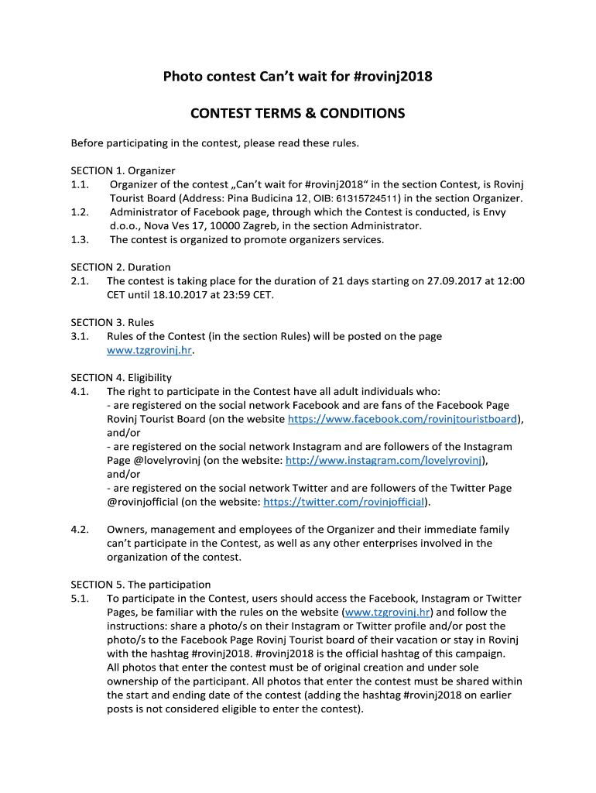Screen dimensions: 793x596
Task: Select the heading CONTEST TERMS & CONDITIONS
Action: tap(298, 114)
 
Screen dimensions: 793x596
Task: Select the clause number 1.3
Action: tap(80, 239)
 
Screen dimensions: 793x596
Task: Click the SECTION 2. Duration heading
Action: tap(121, 267)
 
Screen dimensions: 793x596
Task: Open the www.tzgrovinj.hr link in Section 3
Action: tap(149, 350)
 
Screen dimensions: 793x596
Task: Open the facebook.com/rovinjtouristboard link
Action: tap(402, 420)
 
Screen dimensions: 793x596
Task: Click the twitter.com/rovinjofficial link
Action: tap(344, 502)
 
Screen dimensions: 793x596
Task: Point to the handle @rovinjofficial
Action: tap(143, 502)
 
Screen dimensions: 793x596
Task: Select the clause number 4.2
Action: tap(80, 530)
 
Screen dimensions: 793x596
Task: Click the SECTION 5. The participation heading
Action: tap(140, 585)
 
